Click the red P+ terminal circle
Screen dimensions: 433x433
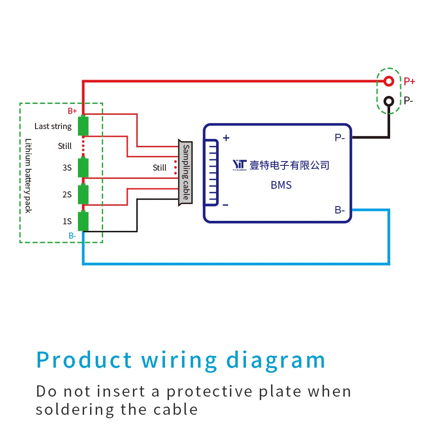point(389,81)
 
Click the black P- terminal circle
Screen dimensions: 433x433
point(389,101)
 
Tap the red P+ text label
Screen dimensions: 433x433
point(409,81)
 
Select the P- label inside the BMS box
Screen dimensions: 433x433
point(339,138)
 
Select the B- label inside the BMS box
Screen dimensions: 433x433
point(339,210)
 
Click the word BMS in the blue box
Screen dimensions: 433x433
point(281,185)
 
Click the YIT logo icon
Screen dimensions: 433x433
point(239,165)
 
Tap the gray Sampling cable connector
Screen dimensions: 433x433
point(185,172)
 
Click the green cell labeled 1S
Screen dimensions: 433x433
point(83,221)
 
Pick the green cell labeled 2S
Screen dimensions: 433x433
point(83,194)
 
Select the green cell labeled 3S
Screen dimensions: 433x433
point(83,168)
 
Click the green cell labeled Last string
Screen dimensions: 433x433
point(83,126)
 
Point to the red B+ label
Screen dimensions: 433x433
point(72,111)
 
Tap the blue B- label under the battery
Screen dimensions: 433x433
point(72,236)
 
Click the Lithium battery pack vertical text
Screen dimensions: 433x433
point(28,175)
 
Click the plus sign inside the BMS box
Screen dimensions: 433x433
point(226,138)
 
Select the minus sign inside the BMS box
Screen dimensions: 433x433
point(226,205)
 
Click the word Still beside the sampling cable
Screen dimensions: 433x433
point(159,168)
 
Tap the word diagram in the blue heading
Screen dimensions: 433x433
point(276,360)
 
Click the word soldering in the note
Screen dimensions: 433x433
point(75,409)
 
